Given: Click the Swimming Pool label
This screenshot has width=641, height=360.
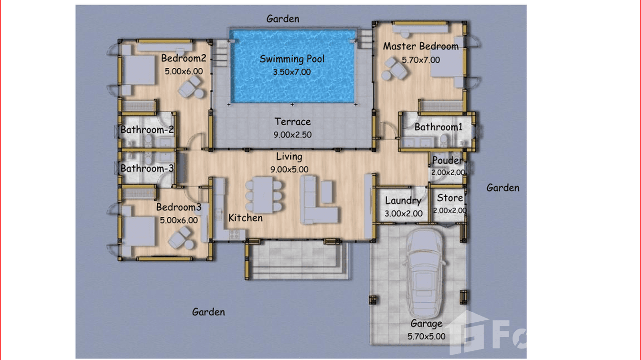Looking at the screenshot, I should point(292,59).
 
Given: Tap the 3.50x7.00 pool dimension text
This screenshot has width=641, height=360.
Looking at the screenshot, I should point(292,72).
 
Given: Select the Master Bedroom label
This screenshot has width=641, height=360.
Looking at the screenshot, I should point(420,46).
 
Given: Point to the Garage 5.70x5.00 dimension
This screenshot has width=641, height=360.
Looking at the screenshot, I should point(426,336).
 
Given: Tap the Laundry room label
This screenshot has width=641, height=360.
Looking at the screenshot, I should point(403,201).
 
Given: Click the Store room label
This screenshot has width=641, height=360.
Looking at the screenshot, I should point(450,198).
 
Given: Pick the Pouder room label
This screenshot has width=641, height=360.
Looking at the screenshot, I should point(447,160).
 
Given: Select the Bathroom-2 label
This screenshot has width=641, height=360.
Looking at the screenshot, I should point(147,129).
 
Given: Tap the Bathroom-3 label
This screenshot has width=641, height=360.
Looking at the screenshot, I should point(147,168).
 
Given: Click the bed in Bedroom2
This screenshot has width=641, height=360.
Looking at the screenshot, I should point(139,70).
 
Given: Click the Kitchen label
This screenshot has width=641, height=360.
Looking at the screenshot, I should point(246,218).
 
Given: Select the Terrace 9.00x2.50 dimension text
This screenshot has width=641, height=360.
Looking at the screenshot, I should point(292,135).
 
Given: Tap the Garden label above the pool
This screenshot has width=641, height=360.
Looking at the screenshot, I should point(283,19).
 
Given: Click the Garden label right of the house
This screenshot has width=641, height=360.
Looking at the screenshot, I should point(502,188).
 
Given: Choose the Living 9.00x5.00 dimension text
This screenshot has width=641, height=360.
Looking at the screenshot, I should point(289,169).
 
